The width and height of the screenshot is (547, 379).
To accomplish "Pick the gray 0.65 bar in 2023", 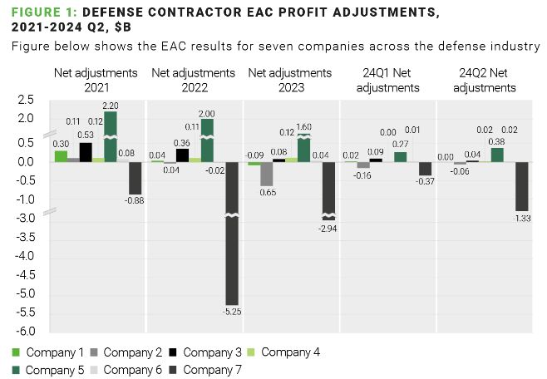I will coord(267,173).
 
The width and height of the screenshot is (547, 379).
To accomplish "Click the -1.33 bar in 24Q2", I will coord(522,185).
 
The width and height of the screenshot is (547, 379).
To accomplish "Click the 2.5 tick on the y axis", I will coord(25,100).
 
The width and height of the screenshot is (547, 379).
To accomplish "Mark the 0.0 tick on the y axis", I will coord(25,161).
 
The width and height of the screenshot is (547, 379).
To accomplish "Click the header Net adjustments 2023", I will coord(290,80).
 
